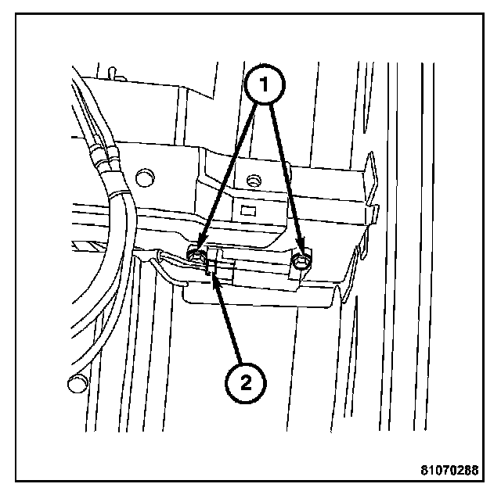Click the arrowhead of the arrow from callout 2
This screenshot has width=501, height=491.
click(213, 277)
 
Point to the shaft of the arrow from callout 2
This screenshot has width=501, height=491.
click(229, 321)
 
